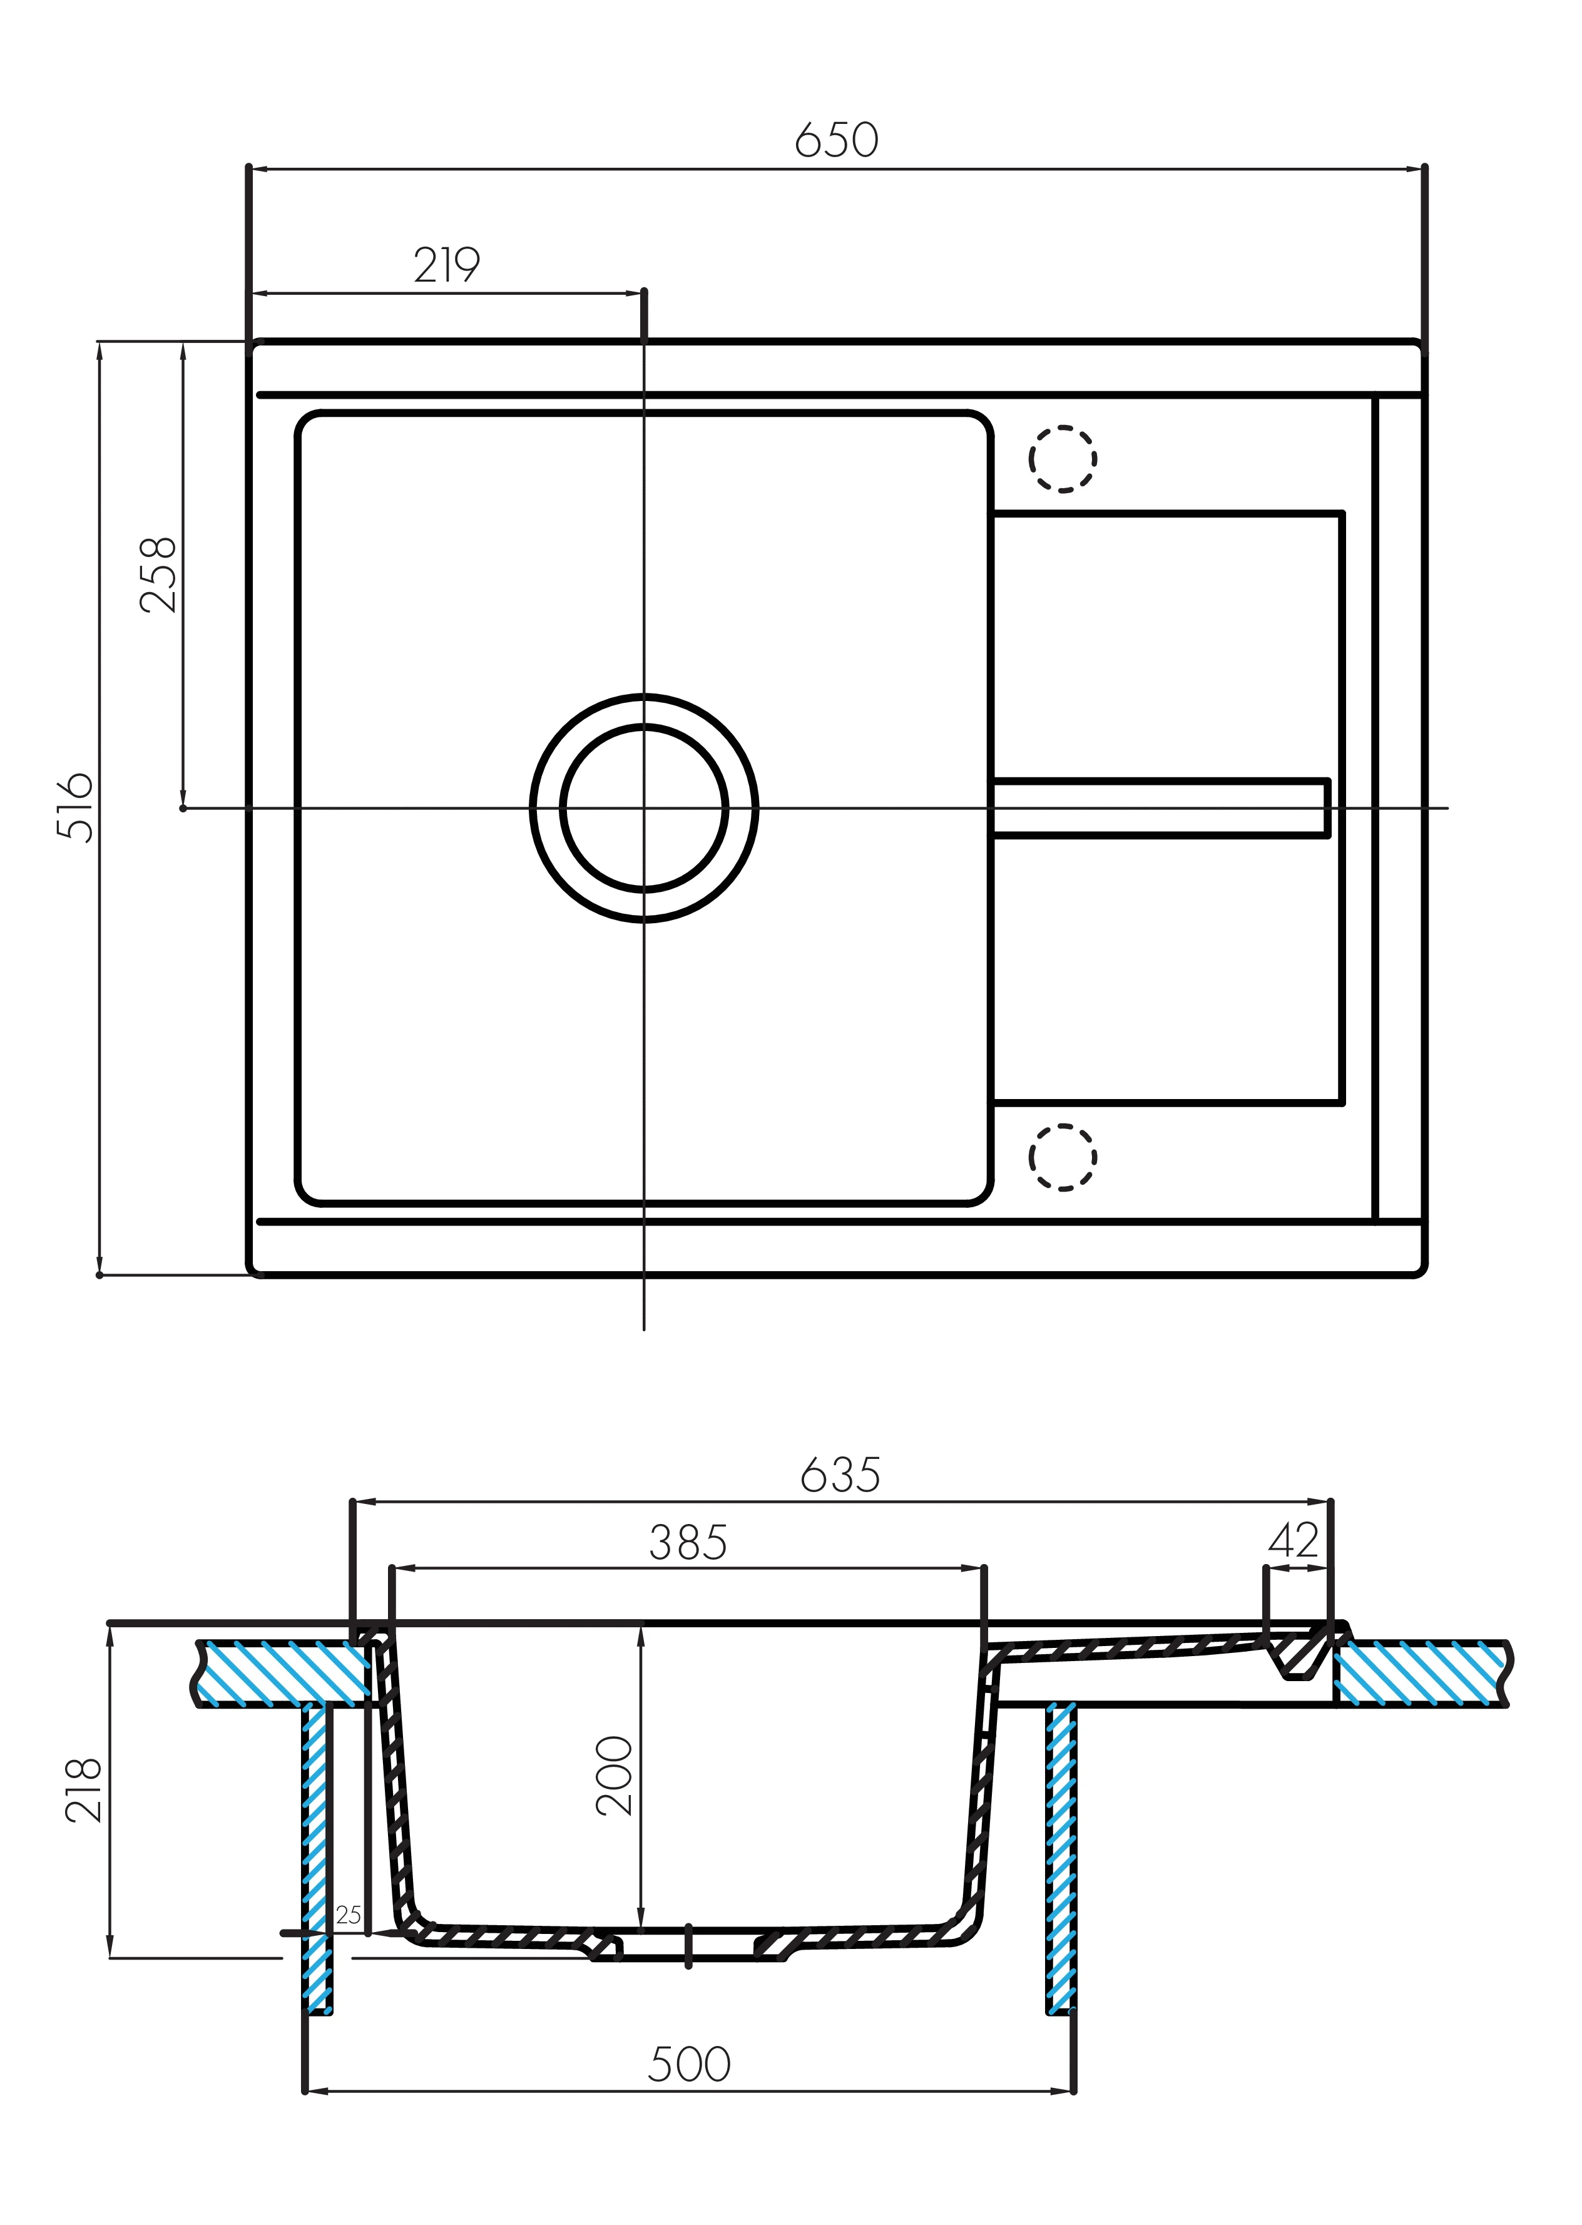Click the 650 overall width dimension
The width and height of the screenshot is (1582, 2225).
coord(837,140)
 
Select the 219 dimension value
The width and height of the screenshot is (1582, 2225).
coord(447,265)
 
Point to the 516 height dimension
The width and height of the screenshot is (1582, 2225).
coord(75,807)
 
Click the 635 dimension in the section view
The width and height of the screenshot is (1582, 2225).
coord(840,1475)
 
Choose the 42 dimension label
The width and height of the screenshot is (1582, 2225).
coord(1294,1540)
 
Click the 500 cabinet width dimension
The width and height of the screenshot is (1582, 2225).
coord(690,2064)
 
